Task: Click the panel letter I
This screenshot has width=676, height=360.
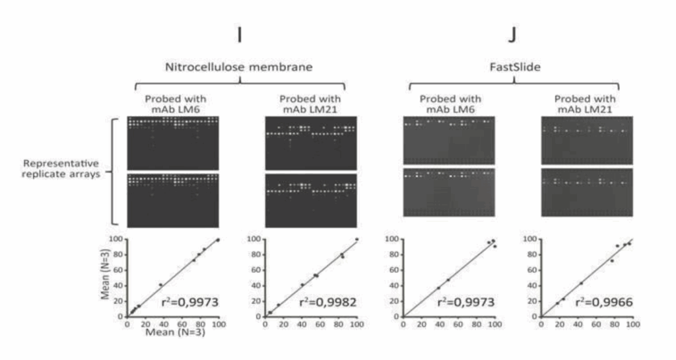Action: click(x=239, y=34)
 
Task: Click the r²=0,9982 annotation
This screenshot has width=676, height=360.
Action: click(x=323, y=303)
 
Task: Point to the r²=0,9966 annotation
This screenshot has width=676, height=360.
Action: click(x=599, y=303)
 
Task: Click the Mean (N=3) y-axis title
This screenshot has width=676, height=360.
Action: click(x=106, y=277)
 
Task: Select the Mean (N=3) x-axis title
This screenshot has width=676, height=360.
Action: click(x=173, y=334)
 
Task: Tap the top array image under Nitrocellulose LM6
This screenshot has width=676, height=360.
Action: click(x=172, y=143)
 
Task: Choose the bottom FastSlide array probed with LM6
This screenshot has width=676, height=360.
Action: click(x=449, y=192)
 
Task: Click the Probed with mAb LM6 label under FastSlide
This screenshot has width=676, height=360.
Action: click(x=449, y=104)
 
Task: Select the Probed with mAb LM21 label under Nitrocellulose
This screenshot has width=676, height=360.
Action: click(x=310, y=104)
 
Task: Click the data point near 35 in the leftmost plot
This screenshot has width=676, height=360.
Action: click(x=160, y=285)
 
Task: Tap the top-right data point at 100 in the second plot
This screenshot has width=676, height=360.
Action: click(x=356, y=239)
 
